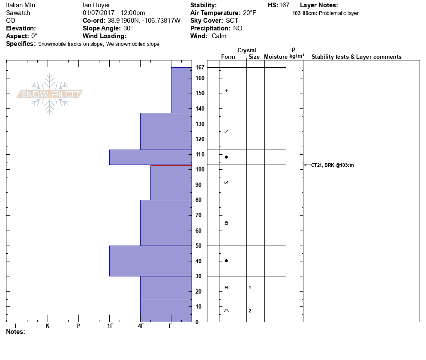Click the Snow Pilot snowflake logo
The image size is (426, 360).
tap(50, 94)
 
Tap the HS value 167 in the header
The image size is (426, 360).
tap(284, 5)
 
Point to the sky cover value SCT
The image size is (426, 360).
tap(232, 21)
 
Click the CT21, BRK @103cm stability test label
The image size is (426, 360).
tap(332, 165)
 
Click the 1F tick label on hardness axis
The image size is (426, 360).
tap(110, 326)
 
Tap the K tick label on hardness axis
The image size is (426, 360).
tap(47, 326)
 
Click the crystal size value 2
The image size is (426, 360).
tap(250, 311)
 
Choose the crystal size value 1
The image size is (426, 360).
tap(250, 288)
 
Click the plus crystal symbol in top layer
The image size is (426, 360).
tap(226, 90)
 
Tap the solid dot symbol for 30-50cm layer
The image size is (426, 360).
tap(226, 261)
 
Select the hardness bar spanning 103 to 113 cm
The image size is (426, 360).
tap(150, 157)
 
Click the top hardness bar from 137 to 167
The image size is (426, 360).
tap(181, 90)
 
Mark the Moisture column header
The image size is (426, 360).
tap(276, 57)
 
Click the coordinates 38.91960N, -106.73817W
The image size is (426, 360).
tap(144, 21)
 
